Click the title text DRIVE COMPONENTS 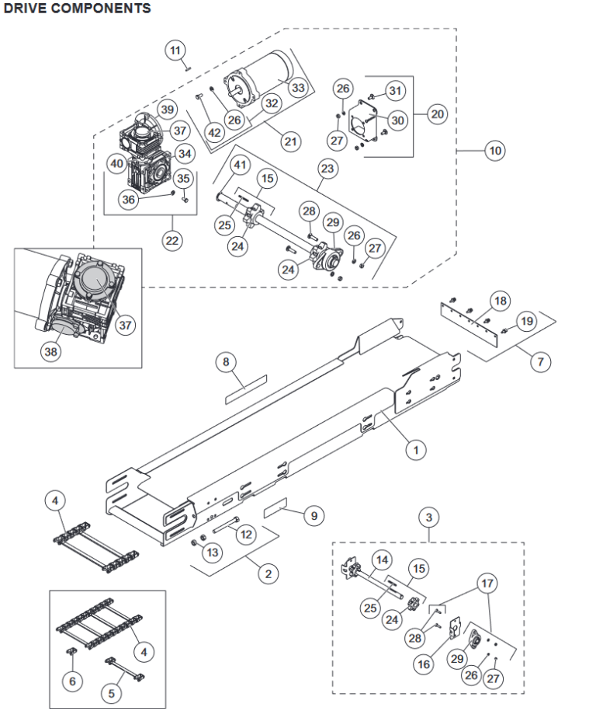coord(77,9)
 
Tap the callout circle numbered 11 coord(176,51)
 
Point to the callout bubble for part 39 coord(168,110)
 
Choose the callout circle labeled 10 coord(494,151)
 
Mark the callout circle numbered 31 coord(397,92)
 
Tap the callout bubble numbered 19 coord(526,320)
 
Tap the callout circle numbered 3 coord(428,516)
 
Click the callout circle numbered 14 coord(381,559)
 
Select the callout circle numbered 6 coord(72,681)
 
